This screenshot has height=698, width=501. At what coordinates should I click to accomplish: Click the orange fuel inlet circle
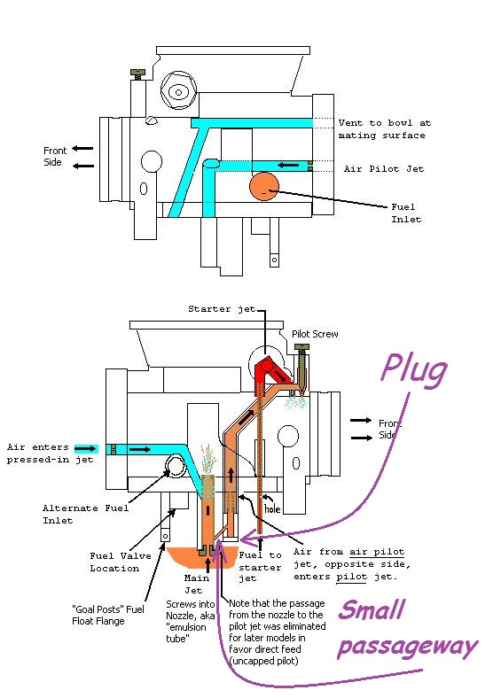(x=264, y=186)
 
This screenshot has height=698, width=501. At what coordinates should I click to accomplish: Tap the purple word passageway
(x=407, y=648)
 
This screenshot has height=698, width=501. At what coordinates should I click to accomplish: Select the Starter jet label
(x=222, y=309)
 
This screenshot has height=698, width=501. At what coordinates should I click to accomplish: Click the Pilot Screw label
(x=315, y=334)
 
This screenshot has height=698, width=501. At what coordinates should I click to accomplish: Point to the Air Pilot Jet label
(x=384, y=168)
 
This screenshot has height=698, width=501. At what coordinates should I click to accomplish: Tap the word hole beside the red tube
(x=272, y=508)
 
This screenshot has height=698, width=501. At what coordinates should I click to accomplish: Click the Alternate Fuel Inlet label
(x=85, y=514)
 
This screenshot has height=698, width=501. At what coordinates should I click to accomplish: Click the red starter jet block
(x=269, y=372)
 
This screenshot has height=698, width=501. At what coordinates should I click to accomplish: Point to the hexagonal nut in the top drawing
(x=178, y=92)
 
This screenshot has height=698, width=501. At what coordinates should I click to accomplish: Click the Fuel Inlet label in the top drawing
(x=406, y=213)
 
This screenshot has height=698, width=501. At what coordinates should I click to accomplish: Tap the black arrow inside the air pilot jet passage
(x=287, y=166)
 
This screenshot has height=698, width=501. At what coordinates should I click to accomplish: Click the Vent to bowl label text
(x=384, y=129)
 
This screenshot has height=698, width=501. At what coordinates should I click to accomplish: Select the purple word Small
(x=372, y=609)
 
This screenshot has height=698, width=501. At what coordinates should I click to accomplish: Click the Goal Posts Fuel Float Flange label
(x=108, y=615)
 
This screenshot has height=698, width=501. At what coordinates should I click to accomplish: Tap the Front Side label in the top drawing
(x=55, y=156)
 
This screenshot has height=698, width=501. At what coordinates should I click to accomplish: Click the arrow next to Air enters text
(x=85, y=448)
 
